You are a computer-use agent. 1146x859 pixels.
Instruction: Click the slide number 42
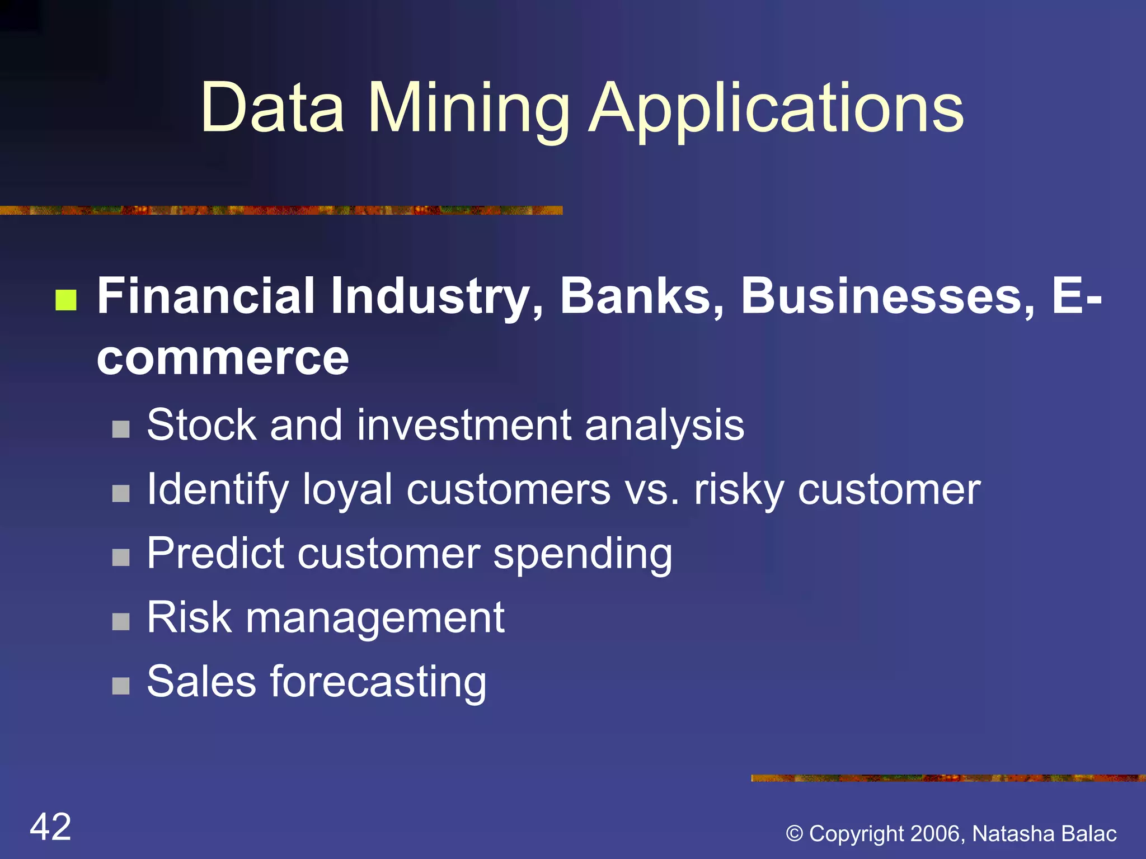tap(50, 827)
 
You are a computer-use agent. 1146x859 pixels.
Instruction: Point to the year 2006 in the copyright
tap(936, 833)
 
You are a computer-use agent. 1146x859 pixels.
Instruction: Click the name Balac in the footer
tap(1089, 833)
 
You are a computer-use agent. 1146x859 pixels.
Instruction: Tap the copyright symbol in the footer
tap(795, 834)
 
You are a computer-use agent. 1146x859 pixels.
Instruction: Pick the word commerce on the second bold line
tap(223, 358)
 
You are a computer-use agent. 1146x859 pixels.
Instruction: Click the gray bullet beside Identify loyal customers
tap(121, 493)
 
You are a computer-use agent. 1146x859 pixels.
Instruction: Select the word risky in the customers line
tap(739, 490)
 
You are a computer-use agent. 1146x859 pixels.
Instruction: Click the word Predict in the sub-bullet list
tap(215, 554)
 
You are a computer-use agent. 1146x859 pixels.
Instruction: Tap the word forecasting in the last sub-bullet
tap(378, 682)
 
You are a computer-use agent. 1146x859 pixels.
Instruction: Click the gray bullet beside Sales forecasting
tap(121, 686)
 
